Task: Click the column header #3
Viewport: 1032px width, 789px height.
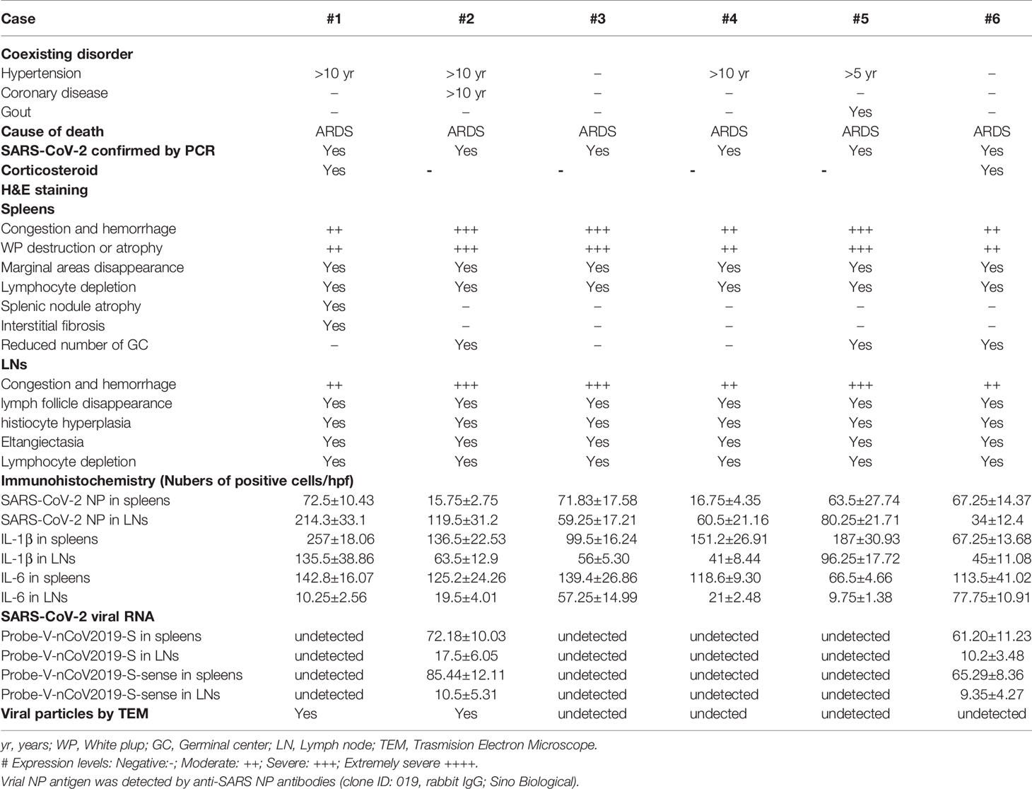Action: pyautogui.click(x=597, y=18)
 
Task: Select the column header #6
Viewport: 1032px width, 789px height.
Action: pyautogui.click(x=992, y=18)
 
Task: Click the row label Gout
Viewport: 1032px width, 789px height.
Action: pyautogui.click(x=16, y=112)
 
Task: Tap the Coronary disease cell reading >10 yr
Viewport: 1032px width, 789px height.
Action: pyautogui.click(x=466, y=93)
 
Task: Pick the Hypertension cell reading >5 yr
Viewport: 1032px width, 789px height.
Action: pyautogui.click(x=860, y=74)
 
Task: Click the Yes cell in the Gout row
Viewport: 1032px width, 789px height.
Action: pyautogui.click(x=860, y=112)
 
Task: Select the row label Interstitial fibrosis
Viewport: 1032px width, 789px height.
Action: pyautogui.click(x=53, y=326)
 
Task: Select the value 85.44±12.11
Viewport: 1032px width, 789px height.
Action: pyautogui.click(x=466, y=675)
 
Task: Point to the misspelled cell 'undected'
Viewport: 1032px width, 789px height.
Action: pyautogui.click(x=718, y=713)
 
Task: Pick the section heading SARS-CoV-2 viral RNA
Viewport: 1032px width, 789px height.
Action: pyautogui.click(x=78, y=616)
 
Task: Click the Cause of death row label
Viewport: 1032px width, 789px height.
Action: pyautogui.click(x=52, y=131)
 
